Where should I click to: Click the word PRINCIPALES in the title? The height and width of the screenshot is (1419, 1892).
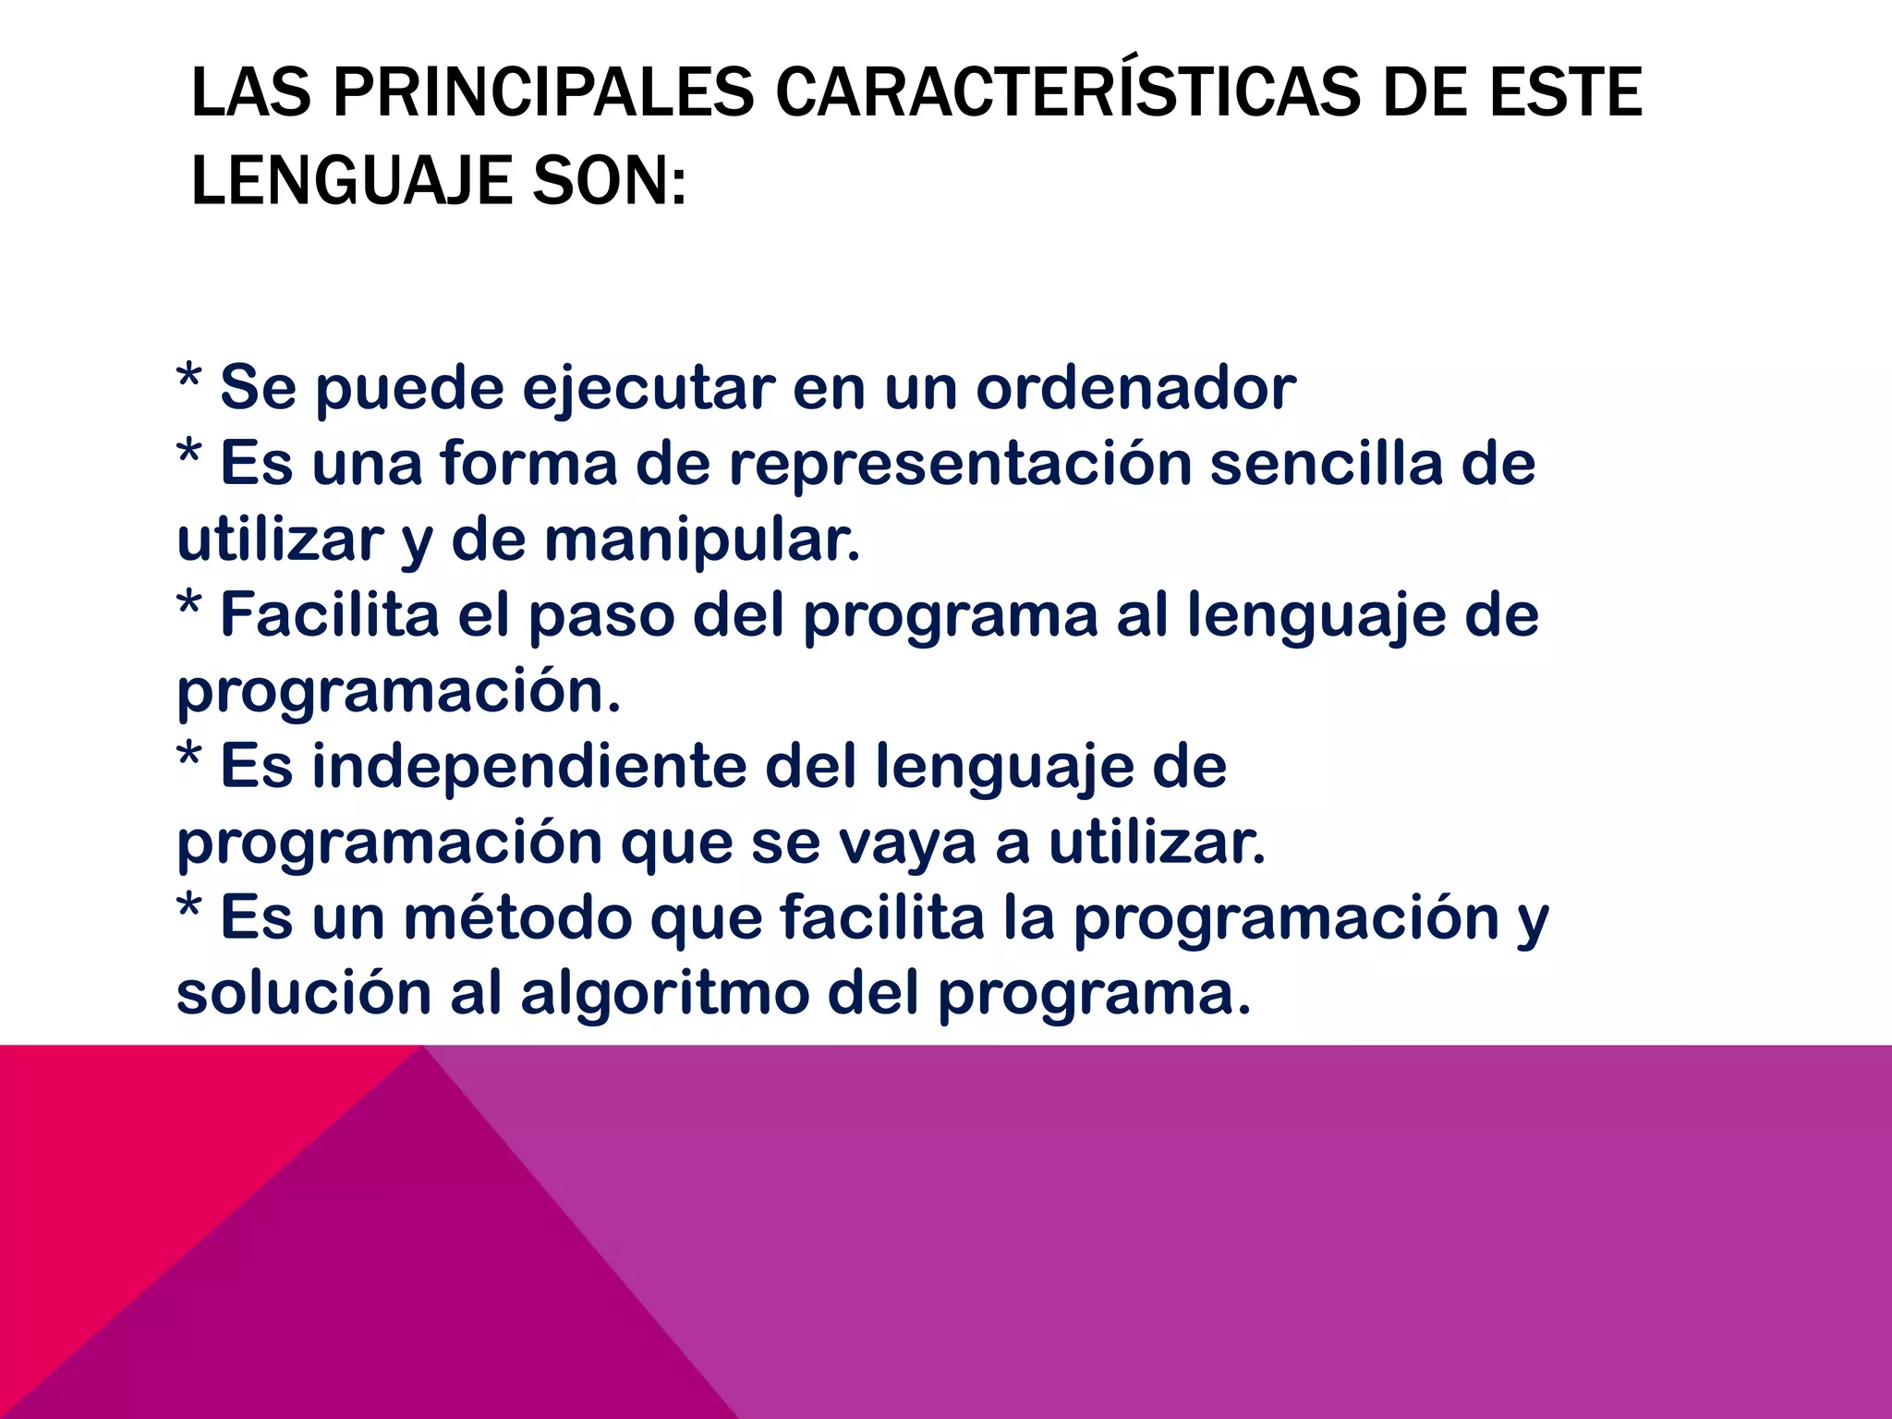click(x=543, y=92)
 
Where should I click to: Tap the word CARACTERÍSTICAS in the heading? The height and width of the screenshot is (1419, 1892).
click(x=1067, y=92)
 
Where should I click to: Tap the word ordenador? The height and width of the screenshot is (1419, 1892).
click(x=1136, y=388)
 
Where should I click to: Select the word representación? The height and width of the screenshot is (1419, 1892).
click(x=960, y=464)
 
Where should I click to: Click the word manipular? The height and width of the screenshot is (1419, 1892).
click(x=701, y=540)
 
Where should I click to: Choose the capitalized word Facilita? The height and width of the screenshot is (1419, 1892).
click(x=329, y=615)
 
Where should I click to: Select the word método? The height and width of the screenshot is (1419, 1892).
click(x=518, y=918)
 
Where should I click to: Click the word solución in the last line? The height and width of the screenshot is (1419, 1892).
click(x=304, y=994)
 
